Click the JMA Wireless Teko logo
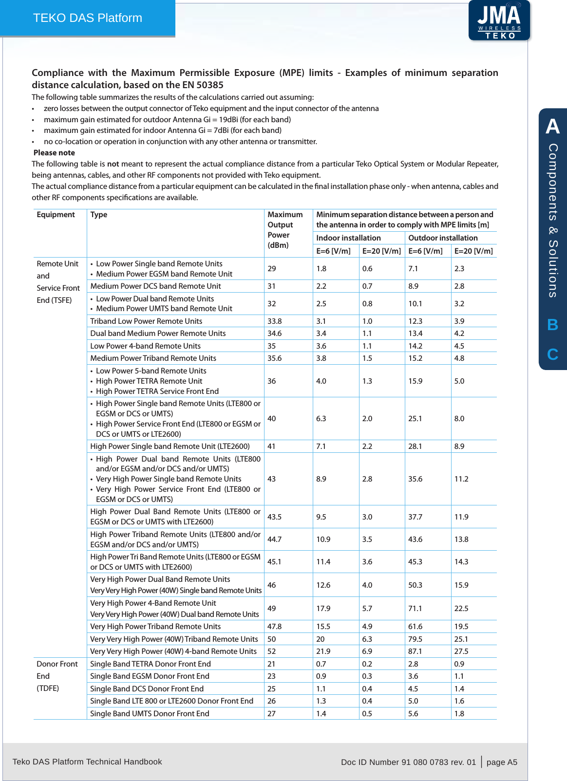coord(499,20)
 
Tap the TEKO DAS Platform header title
coord(88,18)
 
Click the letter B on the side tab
coord(552,325)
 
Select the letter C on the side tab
coord(552,354)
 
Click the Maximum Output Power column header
coord(285,230)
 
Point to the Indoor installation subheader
coord(348,238)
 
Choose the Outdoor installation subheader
coord(443,238)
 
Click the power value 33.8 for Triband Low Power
coord(275,321)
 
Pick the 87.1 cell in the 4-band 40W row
coord(415,651)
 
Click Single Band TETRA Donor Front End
coord(151,664)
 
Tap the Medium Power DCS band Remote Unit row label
coord(155,286)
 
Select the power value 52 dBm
coord(272,651)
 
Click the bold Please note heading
coord(54,152)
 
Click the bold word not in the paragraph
coord(113,164)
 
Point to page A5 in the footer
coord(502,762)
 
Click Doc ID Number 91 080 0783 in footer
coord(408,762)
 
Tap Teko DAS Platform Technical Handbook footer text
coord(87,762)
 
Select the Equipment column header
coord(56,214)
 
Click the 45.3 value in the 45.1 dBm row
coord(415,561)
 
